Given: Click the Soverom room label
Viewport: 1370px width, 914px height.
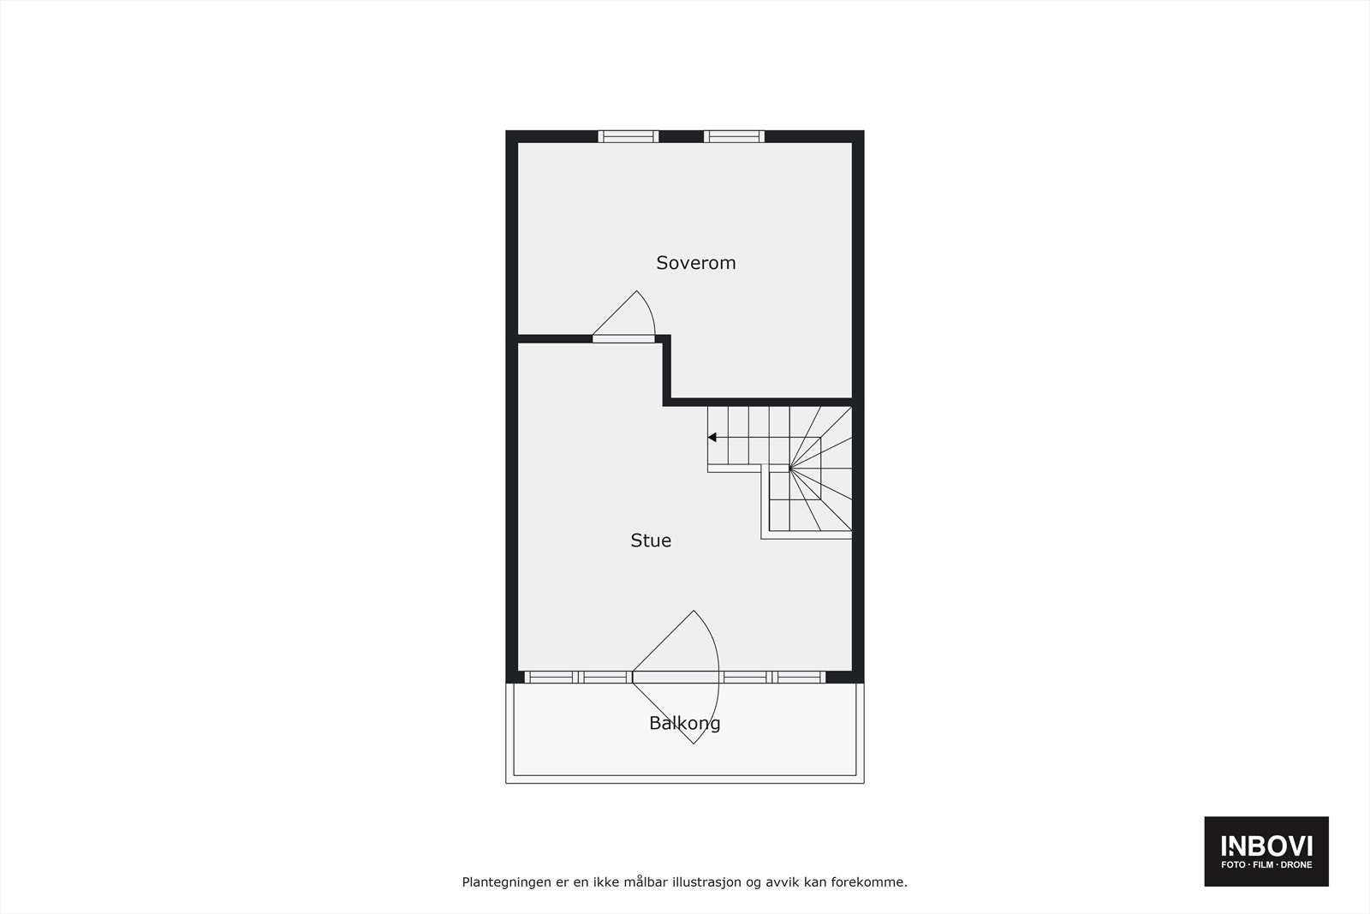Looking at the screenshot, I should pos(695,263).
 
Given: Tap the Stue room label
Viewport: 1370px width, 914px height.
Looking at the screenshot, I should pos(651,541).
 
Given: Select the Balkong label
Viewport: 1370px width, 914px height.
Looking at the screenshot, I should pos(684,723).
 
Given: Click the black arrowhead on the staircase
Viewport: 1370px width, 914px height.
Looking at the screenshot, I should pos(712,438).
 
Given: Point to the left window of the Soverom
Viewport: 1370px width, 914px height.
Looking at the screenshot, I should pos(628,136).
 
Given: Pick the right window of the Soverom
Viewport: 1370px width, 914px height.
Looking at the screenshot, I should pos(734,136).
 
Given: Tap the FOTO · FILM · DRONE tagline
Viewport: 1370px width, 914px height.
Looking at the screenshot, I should pos(1266,865).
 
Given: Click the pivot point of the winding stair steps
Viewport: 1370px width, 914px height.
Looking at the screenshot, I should pos(789,469).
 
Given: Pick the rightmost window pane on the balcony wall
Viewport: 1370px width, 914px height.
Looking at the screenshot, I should pos(799,677).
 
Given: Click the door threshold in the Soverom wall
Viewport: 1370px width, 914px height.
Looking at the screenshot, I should pos(623,339).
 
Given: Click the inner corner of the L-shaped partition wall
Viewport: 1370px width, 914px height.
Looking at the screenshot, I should pos(667,401).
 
